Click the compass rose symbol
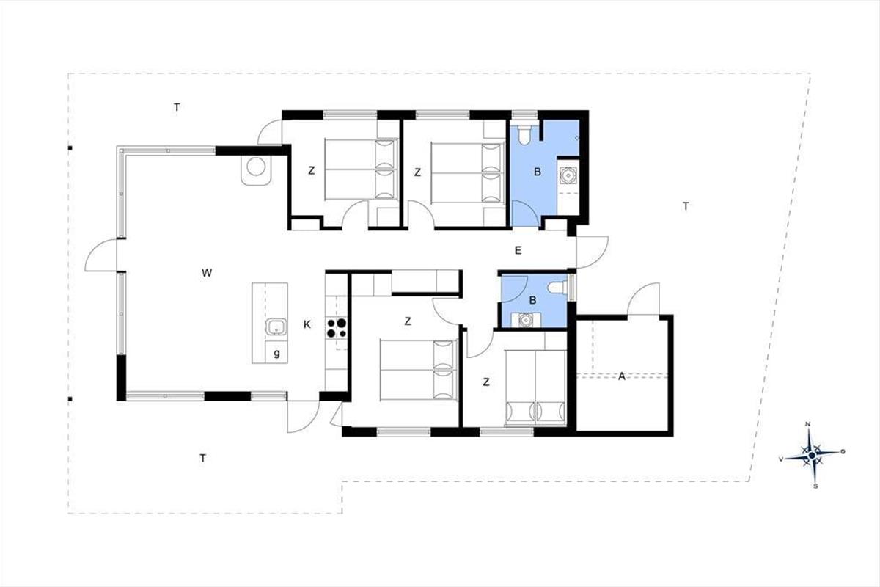point(812,455)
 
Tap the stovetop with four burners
point(337,328)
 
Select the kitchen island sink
point(276,327)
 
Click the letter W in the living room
point(207,273)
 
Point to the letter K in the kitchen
point(307,324)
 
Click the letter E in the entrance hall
point(518,250)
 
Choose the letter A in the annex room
point(622,376)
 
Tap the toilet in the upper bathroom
point(524,134)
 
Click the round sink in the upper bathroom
point(568,175)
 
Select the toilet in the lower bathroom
point(557,288)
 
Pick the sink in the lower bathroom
point(525,320)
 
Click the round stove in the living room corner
point(256,167)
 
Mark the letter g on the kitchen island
point(277,354)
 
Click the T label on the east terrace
point(686,206)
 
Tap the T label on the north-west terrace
point(177,107)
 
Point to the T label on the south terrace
point(202,458)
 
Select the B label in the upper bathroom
point(538,172)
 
